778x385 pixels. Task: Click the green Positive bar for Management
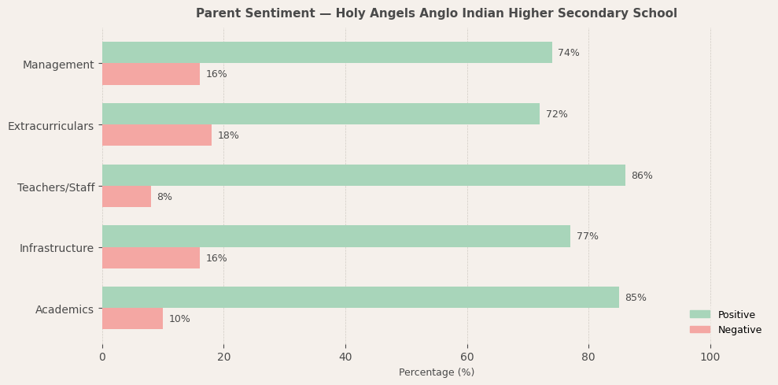pos(326,53)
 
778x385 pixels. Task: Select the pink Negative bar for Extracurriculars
pos(157,135)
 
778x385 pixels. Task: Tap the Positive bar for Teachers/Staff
pos(363,176)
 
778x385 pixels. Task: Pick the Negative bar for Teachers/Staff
pos(127,197)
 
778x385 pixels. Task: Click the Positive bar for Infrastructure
pos(336,236)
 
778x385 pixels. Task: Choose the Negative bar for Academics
pos(132,319)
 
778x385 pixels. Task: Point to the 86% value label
pos(642,176)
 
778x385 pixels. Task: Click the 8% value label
pos(164,197)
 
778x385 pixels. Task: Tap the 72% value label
pos(556,114)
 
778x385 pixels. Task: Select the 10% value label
pos(179,319)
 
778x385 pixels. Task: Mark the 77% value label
pos(587,236)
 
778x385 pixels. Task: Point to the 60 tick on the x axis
pos(467,357)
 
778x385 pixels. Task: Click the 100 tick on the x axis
pos(710,357)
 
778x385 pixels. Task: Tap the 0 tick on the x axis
pos(102,357)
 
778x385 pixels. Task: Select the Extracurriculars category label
pos(50,126)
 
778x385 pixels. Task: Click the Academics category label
pos(65,309)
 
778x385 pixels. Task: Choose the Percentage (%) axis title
pos(437,372)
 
